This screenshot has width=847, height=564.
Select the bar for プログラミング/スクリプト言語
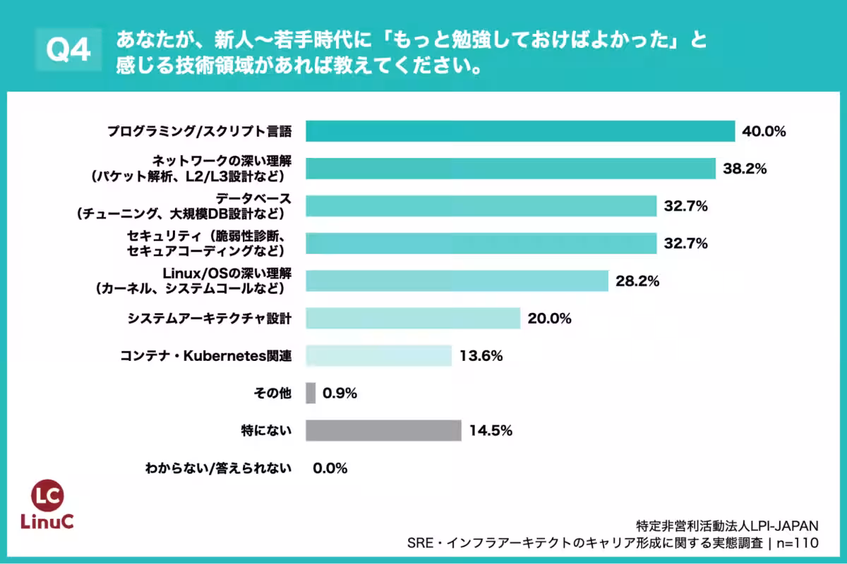coord(521,131)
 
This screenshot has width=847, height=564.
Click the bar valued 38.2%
coord(511,168)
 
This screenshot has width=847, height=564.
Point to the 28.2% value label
coord(637,281)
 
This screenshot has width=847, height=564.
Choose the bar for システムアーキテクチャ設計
coord(413,319)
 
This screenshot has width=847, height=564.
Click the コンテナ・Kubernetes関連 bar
coord(378,356)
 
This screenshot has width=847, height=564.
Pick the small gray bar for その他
coord(311,393)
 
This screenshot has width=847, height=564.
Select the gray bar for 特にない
coord(383,430)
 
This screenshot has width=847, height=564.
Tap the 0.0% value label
coord(330,468)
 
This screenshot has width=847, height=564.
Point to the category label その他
coord(272,393)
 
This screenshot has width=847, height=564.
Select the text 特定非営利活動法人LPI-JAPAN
coord(727,525)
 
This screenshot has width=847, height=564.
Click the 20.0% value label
coord(549,319)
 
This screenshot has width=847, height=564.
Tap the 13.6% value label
coord(481,356)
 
